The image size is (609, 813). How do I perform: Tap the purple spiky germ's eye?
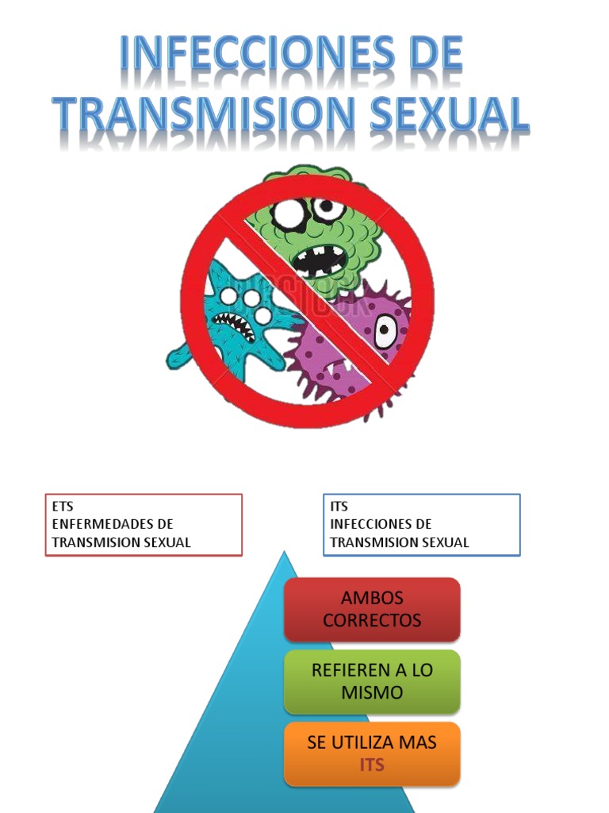coord(385,330)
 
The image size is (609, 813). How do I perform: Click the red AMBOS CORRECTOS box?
coord(372,610)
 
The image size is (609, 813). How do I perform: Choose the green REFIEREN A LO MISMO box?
coord(372,681)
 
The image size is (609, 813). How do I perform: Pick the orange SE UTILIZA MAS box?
coord(372,753)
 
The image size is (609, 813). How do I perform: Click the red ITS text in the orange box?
coord(372,765)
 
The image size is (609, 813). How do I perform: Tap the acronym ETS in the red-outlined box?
coord(63,507)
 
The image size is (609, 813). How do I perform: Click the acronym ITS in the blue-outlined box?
coord(339,507)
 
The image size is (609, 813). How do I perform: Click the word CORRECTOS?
coord(372,621)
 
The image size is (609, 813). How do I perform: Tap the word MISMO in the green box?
coord(372,692)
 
